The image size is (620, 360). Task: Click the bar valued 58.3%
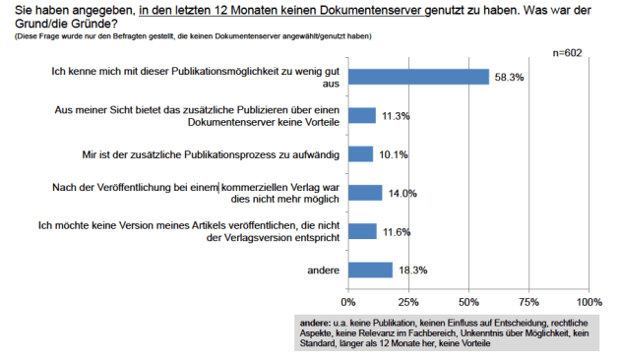click(x=418, y=77)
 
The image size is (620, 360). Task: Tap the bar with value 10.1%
click(x=360, y=154)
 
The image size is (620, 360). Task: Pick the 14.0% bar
click(x=365, y=193)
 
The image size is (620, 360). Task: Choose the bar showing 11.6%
click(x=362, y=231)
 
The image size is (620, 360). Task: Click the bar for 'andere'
click(x=370, y=270)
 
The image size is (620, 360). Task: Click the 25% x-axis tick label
click(x=408, y=301)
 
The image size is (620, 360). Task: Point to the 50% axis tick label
click(x=468, y=301)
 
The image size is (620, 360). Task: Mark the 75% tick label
click(x=528, y=301)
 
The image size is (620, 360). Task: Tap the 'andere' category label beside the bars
click(x=313, y=270)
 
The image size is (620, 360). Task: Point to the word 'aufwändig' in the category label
click(x=316, y=154)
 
